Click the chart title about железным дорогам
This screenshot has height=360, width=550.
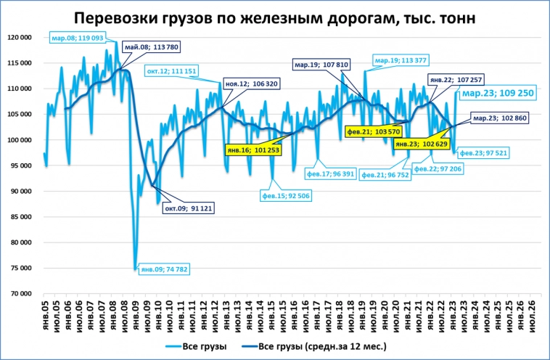tap(275, 17)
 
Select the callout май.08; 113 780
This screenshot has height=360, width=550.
tap(151, 47)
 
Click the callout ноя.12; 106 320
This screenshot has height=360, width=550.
tap(251, 84)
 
